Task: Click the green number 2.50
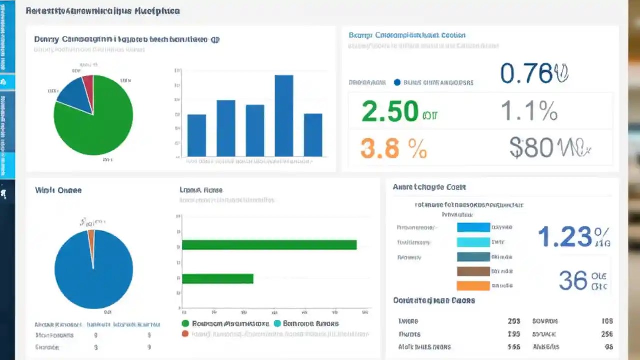click(x=389, y=111)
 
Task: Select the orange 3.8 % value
click(x=393, y=148)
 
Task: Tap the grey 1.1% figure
click(x=529, y=111)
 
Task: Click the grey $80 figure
click(x=531, y=148)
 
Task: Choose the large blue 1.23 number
click(x=565, y=237)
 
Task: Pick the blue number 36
click(x=573, y=281)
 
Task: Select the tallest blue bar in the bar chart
click(x=284, y=116)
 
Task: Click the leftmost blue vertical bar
click(x=196, y=135)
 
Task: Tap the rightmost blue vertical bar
click(x=313, y=135)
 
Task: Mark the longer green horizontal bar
click(x=269, y=245)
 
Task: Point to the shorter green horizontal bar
click(x=218, y=279)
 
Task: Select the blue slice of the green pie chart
click(x=75, y=95)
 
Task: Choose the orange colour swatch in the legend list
click(x=473, y=286)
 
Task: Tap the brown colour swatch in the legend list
click(x=473, y=271)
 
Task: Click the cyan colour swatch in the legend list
click(x=473, y=242)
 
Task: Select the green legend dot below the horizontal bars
click(x=186, y=324)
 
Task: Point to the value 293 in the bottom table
click(x=514, y=321)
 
